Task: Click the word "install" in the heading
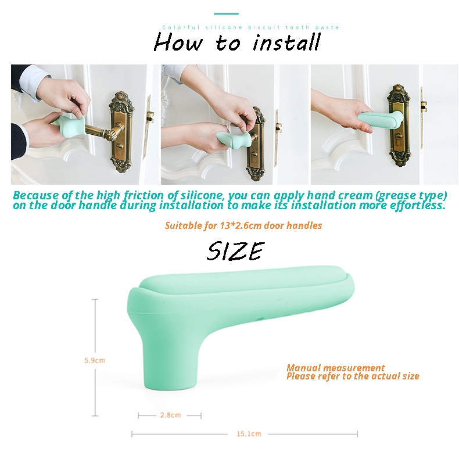pos(286,43)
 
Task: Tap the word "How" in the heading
pos(178,43)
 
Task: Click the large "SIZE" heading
pos(236,251)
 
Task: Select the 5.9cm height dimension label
pos(95,360)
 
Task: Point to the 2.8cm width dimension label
pos(170,415)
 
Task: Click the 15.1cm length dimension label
pos(249,434)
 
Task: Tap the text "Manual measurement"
pos(335,368)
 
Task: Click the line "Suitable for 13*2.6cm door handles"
pos(243,225)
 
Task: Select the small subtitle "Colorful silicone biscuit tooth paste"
pos(251,27)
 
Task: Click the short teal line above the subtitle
pos(226,14)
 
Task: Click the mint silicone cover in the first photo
pos(68,127)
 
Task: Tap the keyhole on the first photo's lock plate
pos(120,146)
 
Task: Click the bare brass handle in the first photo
pos(104,131)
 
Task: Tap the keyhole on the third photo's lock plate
pos(398,137)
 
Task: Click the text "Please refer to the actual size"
pos(353,376)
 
